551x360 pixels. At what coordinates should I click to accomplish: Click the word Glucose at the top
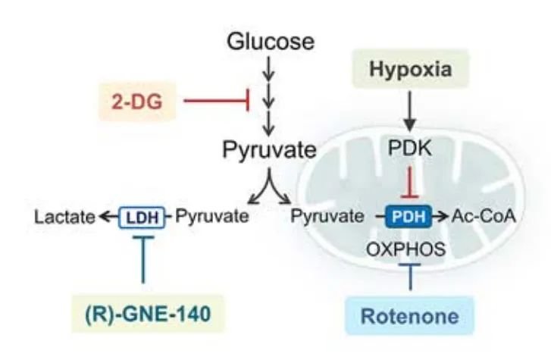[x=271, y=42]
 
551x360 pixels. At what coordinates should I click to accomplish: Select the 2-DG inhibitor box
[x=137, y=102]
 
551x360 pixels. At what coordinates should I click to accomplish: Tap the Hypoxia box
[x=411, y=69]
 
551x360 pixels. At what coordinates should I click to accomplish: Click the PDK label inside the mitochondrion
[x=410, y=148]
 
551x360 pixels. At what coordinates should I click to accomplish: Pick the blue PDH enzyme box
[x=409, y=216]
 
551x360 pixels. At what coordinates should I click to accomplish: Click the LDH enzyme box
[x=142, y=218]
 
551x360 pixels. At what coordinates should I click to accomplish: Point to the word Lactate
[x=64, y=217]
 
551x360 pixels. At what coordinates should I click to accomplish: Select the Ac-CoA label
[x=484, y=216]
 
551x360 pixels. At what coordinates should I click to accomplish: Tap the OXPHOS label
[x=406, y=249]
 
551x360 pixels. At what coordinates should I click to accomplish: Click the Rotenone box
[x=410, y=315]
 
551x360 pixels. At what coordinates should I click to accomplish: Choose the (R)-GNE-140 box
[x=148, y=314]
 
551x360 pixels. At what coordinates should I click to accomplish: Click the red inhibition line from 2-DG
[x=217, y=101]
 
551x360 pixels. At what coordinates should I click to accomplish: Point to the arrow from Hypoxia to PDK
[x=410, y=111]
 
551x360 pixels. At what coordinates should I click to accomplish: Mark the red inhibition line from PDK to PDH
[x=410, y=182]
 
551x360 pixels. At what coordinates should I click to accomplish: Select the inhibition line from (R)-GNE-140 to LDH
[x=142, y=260]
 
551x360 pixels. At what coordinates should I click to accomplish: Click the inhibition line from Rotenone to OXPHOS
[x=410, y=277]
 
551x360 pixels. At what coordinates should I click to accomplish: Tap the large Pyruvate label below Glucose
[x=270, y=150]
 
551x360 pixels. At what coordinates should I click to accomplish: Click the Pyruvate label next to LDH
[x=212, y=215]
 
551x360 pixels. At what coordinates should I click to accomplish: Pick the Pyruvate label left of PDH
[x=327, y=215]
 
